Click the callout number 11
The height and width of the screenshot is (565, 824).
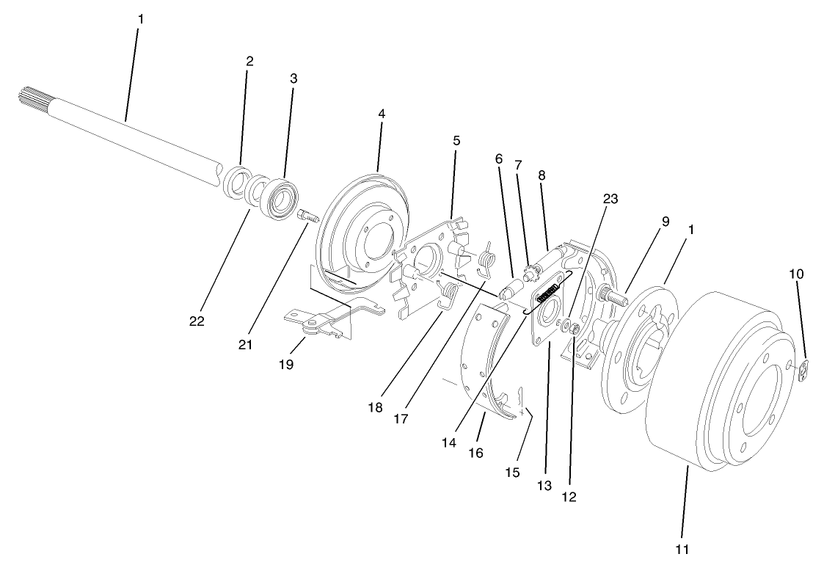point(682,548)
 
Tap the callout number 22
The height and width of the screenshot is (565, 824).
point(197,321)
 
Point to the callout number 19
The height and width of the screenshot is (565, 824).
point(286,363)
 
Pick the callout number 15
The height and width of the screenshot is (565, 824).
point(513,473)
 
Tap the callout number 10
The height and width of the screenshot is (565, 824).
point(797,274)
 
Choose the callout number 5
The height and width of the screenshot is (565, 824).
point(456,139)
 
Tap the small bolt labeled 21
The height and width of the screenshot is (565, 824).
point(306,216)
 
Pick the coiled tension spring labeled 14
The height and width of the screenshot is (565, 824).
point(550,298)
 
